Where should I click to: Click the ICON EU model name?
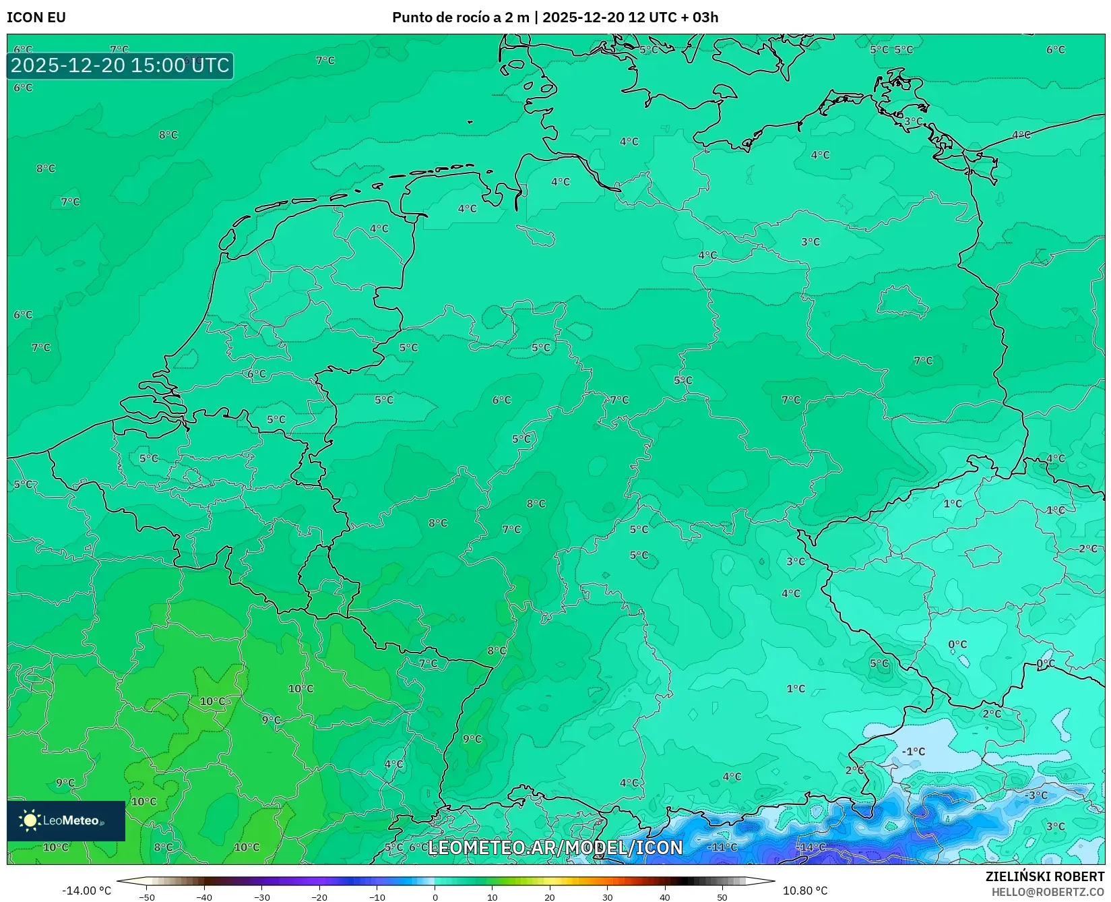coord(36,18)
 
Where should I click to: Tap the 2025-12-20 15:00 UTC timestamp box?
coord(120,65)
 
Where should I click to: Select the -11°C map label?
coord(722,847)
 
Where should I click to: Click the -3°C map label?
coord(1036,795)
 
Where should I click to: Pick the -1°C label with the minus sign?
coord(914,751)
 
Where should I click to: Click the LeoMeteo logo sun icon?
coord(30,820)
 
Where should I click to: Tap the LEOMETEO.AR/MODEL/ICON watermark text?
coord(555,847)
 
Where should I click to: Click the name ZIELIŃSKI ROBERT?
coord(1044,876)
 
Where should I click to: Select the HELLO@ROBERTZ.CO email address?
coord(1048,892)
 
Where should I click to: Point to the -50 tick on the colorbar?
coord(147,897)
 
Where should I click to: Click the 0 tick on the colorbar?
coord(435,897)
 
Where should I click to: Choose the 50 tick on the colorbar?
coord(722,897)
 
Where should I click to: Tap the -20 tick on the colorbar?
coord(319,897)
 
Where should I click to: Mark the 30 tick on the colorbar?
coord(608,897)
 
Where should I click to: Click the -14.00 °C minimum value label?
coord(86,891)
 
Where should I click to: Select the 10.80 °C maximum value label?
coord(805,891)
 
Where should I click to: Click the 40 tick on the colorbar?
coord(665,897)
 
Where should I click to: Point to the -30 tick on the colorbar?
coord(262,897)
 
